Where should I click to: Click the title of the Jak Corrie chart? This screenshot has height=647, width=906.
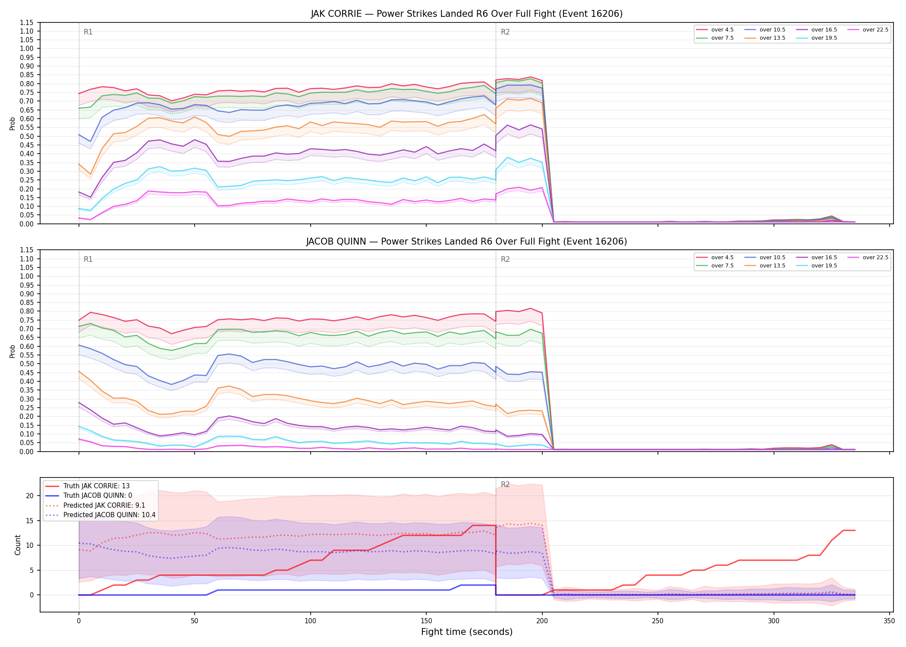pos(466,14)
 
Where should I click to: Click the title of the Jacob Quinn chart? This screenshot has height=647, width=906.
pos(466,242)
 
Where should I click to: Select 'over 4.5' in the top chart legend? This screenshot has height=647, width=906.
pos(722,30)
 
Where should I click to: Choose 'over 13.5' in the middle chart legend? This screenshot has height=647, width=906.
pos(772,266)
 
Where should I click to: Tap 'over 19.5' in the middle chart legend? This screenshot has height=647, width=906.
pos(824,266)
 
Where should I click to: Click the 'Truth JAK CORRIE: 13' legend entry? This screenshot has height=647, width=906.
pos(96,486)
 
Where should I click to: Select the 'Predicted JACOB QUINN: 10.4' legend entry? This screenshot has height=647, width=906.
pos(109,515)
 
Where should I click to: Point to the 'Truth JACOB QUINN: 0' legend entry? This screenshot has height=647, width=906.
pos(98,496)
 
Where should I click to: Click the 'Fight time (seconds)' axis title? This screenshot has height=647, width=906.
pos(467,632)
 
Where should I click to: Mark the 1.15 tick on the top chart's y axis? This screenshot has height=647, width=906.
pos(27,22)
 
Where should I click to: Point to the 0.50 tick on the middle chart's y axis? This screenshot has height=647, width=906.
pos(27,364)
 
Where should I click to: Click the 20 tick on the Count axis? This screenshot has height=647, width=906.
pos(30,496)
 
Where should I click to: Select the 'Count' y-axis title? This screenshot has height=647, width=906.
pos(18,545)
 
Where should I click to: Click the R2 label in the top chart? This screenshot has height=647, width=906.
pos(505,32)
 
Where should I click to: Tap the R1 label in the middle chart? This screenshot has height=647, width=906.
pos(88,259)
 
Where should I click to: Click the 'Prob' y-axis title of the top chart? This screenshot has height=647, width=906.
pos(13,123)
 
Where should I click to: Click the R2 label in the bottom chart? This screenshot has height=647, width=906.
pos(505,484)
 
